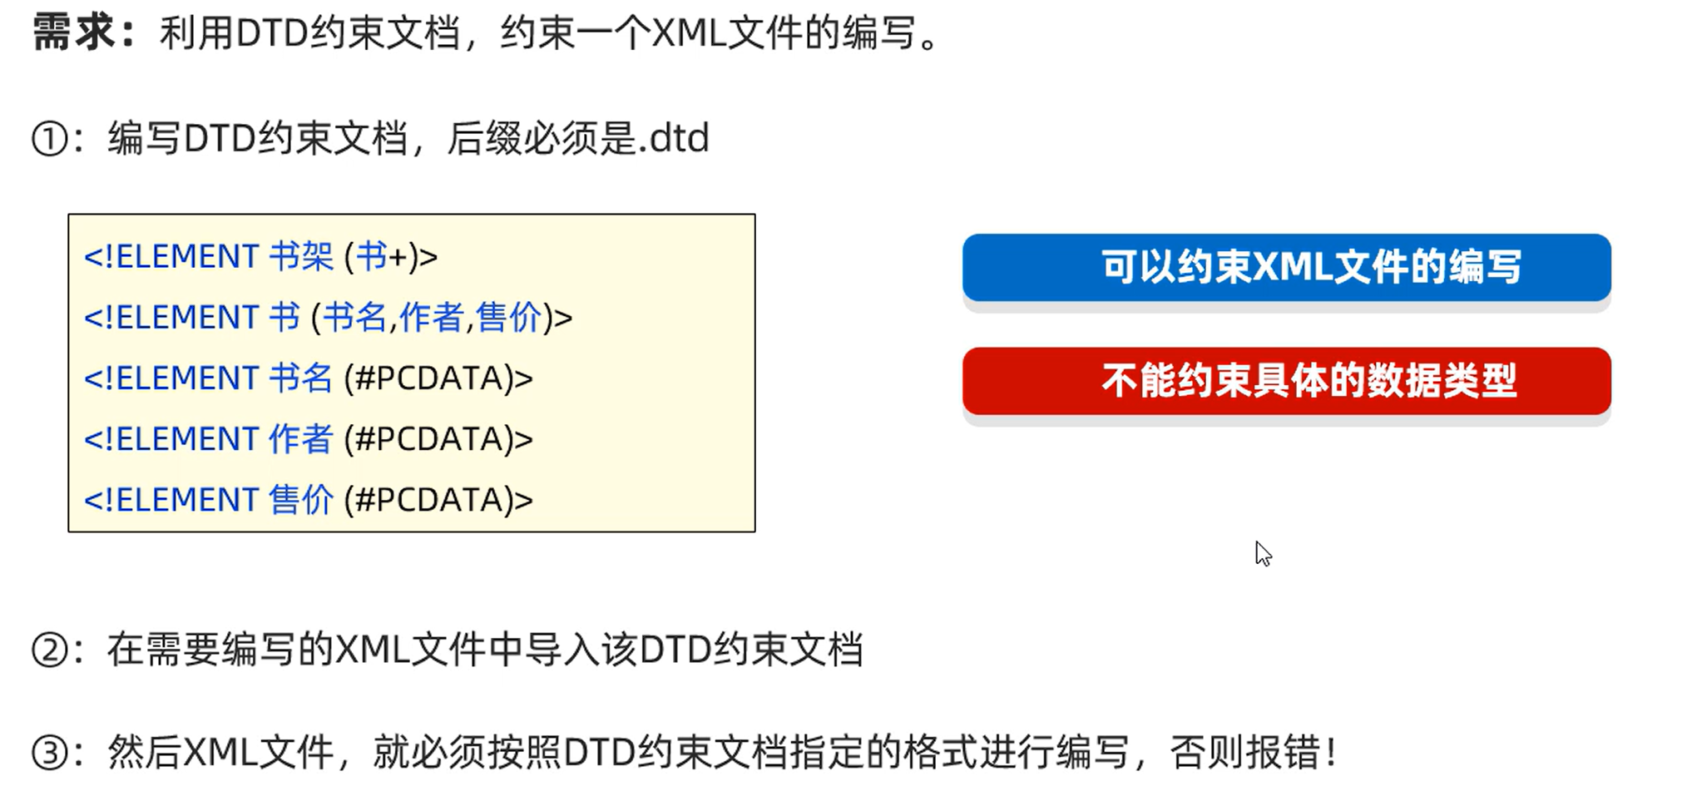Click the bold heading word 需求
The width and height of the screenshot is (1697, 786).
point(73,33)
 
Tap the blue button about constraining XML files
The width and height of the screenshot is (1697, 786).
point(1286,267)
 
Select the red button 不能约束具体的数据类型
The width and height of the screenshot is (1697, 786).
point(1286,381)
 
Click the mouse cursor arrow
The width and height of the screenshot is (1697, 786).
point(1263,553)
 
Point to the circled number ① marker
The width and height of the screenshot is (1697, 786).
point(49,139)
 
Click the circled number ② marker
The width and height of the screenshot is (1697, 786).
point(49,650)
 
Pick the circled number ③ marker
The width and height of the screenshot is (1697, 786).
point(49,754)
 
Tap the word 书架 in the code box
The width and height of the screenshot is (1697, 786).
point(300,256)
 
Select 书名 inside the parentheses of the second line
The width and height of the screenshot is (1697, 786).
point(354,318)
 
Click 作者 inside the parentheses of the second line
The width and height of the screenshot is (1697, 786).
point(431,318)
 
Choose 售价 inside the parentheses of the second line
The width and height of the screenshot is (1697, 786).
point(508,318)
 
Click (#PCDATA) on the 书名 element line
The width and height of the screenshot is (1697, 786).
point(438,378)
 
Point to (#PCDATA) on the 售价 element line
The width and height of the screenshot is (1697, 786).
point(438,500)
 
